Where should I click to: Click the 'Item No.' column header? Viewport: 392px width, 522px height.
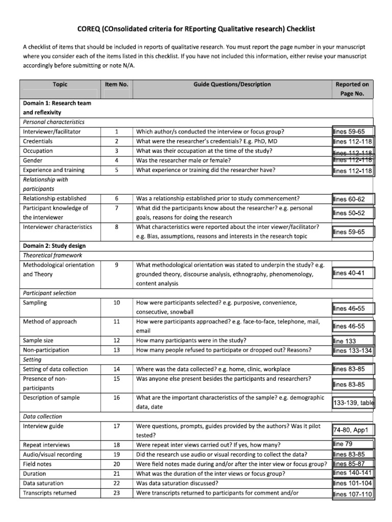[116, 85]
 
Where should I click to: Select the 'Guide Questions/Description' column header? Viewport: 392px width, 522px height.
[232, 85]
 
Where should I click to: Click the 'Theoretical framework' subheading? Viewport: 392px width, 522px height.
[53, 255]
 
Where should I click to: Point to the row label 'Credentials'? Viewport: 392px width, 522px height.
[38, 141]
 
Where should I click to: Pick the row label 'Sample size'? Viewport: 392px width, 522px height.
[38, 341]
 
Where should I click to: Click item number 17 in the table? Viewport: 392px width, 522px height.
[116, 426]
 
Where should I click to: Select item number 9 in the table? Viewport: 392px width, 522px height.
[116, 265]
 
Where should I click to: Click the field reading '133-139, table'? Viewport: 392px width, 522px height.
[353, 403]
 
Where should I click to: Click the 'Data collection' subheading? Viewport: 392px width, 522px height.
[43, 416]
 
